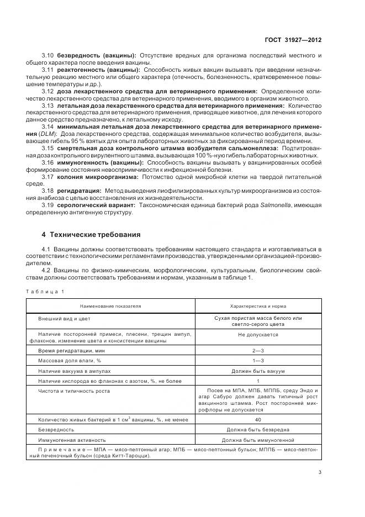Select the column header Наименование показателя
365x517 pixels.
110,305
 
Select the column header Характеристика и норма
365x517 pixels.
258,305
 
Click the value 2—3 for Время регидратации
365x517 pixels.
258,351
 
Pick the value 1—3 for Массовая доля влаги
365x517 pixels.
258,361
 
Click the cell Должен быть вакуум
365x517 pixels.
258,371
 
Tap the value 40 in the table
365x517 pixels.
258,420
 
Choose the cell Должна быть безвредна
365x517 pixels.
258,430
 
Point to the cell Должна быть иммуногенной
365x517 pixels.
258,440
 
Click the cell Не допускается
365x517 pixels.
258,335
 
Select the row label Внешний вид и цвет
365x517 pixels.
64,319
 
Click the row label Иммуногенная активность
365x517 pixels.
71,440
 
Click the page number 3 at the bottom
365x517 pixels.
320,472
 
